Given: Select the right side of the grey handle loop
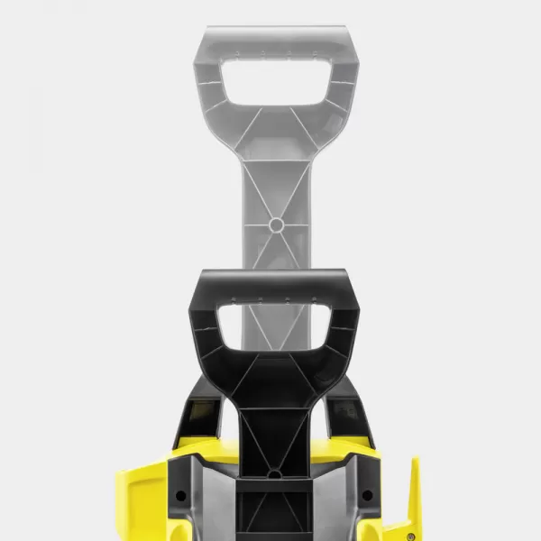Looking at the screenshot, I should pos(345,86).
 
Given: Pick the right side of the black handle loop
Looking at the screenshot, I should pos(344,329).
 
